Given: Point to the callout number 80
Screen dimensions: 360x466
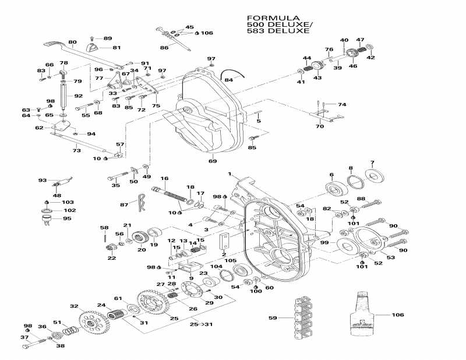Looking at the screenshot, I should [x=72, y=42].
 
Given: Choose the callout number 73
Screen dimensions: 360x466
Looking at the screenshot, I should [x=76, y=151].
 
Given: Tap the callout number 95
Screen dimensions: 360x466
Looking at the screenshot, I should [x=67, y=218].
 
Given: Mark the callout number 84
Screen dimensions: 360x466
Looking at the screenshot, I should [x=229, y=80].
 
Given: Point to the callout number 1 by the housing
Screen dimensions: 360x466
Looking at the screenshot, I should [x=230, y=174].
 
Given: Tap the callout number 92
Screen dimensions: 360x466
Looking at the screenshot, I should [x=78, y=96].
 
